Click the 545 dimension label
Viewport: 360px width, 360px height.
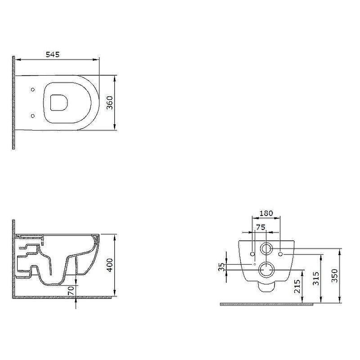(53, 54)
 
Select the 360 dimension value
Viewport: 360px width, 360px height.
(110, 103)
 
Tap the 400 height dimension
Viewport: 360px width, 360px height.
(110, 265)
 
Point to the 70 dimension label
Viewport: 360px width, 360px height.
(71, 291)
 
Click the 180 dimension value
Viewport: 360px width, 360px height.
(266, 213)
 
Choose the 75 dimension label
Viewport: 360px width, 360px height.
(261, 227)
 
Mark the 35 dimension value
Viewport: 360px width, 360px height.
(221, 267)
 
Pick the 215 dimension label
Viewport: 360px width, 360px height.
(297, 286)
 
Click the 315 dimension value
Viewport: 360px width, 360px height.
(316, 279)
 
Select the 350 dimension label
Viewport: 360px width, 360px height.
(335, 276)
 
